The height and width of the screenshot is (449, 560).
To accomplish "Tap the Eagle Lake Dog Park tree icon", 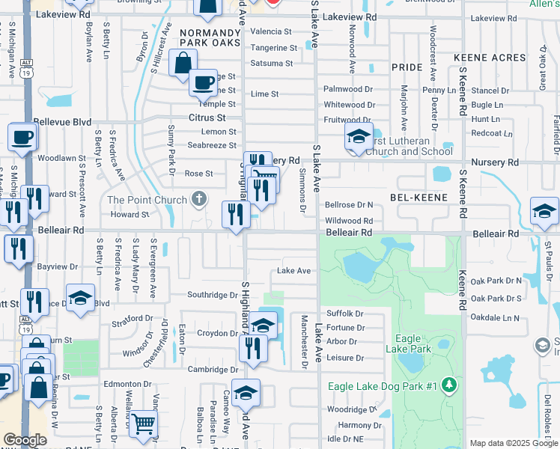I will click(x=449, y=385).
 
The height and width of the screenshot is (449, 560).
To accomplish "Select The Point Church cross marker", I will click(x=198, y=199).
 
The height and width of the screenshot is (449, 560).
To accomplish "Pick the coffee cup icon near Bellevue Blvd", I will click(x=21, y=137).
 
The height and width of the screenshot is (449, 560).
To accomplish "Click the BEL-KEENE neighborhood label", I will click(x=419, y=198).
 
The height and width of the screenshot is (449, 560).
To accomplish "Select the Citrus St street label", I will click(x=207, y=117).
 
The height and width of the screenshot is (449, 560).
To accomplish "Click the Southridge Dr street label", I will click(x=212, y=295).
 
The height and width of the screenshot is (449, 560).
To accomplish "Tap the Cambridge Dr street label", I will click(x=213, y=369).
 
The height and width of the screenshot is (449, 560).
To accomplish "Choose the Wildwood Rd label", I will click(x=349, y=221).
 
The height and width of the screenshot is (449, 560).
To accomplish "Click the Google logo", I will click(x=25, y=440).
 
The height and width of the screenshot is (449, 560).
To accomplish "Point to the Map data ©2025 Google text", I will click(x=514, y=443).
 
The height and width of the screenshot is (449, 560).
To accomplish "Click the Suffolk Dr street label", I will click(x=344, y=314).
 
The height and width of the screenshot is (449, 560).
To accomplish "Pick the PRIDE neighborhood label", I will click(x=407, y=67).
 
